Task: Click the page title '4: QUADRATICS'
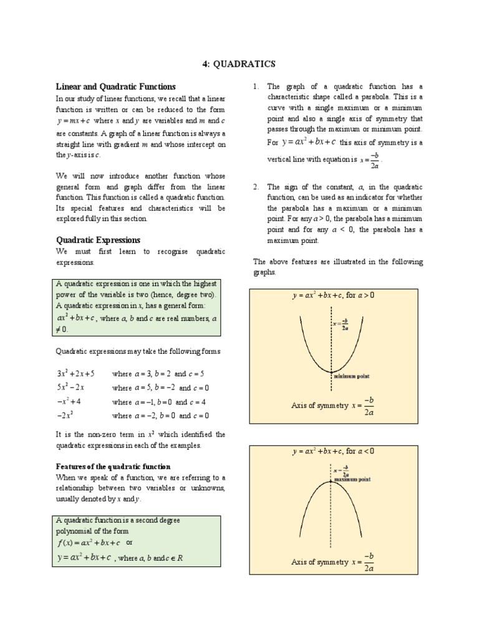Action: pos(239,64)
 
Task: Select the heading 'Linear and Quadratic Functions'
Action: pos(116,87)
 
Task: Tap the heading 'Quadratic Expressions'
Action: pos(98,240)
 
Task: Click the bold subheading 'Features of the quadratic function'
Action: pos(113,467)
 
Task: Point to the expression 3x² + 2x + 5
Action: pos(75,374)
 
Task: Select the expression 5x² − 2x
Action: pos(70,388)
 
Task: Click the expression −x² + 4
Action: pos(69,402)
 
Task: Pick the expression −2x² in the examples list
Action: pos(65,416)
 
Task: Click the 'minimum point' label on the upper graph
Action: pos(352,376)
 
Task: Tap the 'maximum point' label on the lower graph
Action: pos(352,480)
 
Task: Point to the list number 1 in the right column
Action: pos(256,87)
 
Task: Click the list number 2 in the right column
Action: pos(256,187)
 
